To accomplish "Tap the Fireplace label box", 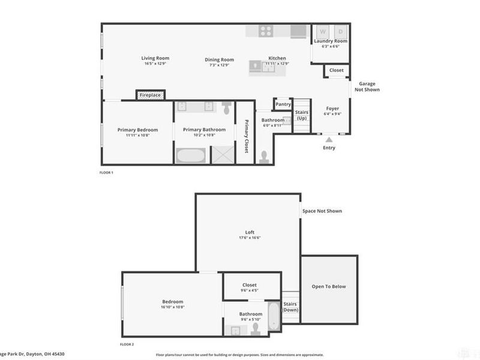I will [x=150, y=95].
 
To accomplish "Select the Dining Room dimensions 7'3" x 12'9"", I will [x=219, y=64].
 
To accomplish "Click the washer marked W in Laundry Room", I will [x=322, y=31].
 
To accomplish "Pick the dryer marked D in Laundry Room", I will [x=340, y=31].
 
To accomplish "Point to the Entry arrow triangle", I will [x=329, y=139].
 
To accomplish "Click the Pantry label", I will [x=283, y=104].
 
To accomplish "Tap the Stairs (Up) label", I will [x=302, y=115].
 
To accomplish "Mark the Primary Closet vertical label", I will [x=246, y=136].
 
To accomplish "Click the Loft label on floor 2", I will [x=250, y=232].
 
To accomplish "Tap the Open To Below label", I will [x=329, y=286].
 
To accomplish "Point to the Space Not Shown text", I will [x=322, y=211].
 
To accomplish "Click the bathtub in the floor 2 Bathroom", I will [x=273, y=316].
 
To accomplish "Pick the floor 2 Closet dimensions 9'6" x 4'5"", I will [x=250, y=291].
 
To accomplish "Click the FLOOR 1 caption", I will [x=106, y=172].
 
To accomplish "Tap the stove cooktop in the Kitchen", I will [x=266, y=31].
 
